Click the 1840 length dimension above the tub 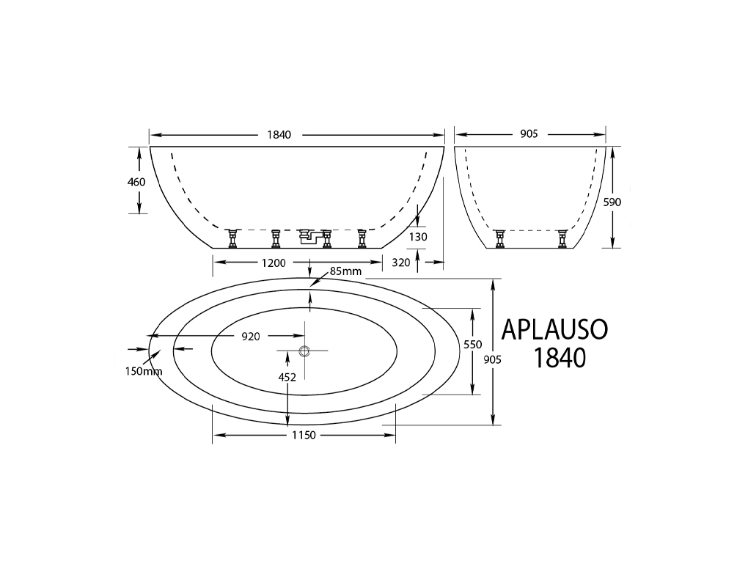[279, 135]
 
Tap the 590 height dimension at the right [612, 202]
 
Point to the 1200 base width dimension [273, 263]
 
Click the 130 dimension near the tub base [418, 237]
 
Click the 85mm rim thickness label [346, 272]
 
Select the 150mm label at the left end [143, 371]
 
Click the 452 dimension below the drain [287, 377]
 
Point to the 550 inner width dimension [472, 344]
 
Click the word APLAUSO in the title [554, 329]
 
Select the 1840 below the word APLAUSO [559, 358]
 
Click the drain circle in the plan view [305, 351]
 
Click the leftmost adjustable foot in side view [234, 238]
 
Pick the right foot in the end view [562, 238]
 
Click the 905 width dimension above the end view [529, 134]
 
